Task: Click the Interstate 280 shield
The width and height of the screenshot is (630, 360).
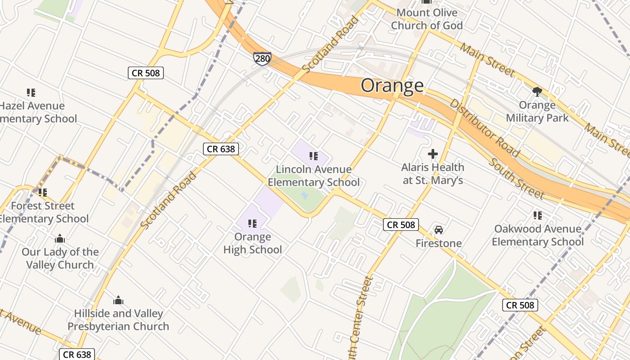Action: (x=262, y=58)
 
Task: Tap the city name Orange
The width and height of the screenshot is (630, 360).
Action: (x=392, y=85)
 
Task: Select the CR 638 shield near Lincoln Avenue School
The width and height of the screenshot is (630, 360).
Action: (x=220, y=148)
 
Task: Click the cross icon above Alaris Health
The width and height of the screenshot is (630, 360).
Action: (x=432, y=154)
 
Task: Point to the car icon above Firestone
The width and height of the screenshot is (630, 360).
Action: (x=439, y=230)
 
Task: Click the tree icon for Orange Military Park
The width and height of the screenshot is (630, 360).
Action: (x=537, y=92)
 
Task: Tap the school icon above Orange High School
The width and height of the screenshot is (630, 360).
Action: (x=252, y=223)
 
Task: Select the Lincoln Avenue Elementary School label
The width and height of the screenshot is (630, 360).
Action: (x=314, y=175)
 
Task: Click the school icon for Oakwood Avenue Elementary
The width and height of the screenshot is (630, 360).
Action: (x=537, y=216)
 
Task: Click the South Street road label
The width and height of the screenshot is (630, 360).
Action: (x=516, y=179)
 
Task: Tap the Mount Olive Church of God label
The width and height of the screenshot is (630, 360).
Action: (x=426, y=19)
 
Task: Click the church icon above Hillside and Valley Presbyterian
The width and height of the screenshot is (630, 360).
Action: (x=118, y=300)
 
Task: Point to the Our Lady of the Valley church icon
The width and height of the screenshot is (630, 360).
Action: (x=60, y=238)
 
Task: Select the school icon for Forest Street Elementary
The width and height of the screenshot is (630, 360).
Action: (x=43, y=193)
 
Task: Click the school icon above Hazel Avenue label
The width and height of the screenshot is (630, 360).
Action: (x=31, y=93)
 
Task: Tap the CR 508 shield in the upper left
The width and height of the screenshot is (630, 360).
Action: (x=146, y=72)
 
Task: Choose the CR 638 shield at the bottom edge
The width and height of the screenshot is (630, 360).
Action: (x=77, y=354)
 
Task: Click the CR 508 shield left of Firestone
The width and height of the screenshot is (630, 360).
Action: (x=401, y=225)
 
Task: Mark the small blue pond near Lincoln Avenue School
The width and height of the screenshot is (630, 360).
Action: (x=305, y=195)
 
